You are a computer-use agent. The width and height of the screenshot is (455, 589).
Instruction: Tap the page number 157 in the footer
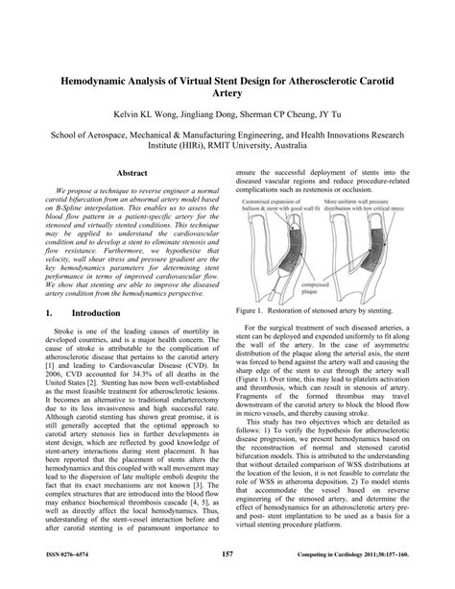point(227,554)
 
